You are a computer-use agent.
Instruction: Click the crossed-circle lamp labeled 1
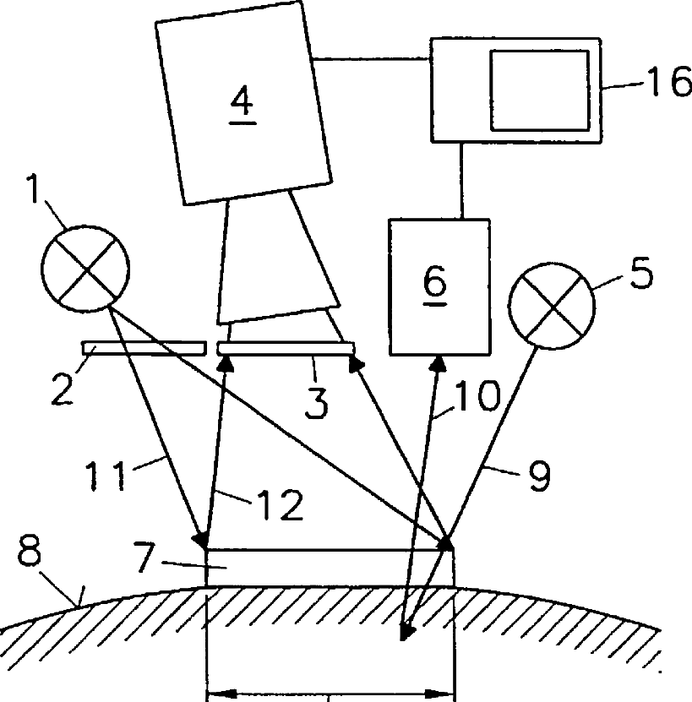click(85, 269)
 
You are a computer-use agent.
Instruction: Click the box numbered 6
click(439, 287)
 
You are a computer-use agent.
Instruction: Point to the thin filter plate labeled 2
click(144, 346)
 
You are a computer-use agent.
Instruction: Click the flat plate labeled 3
click(286, 347)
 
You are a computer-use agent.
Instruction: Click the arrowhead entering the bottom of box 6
click(439, 363)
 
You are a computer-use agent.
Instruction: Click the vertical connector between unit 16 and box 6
click(460, 180)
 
